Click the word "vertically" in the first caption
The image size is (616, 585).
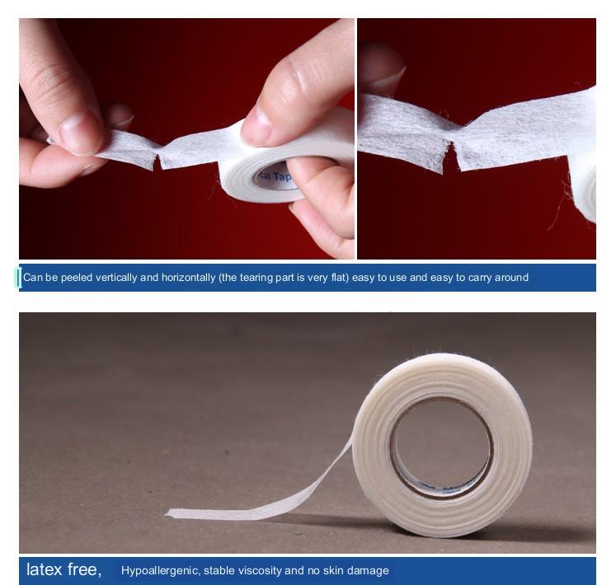pyautogui.click(x=116, y=278)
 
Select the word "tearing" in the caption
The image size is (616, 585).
pyautogui.click(x=260, y=278)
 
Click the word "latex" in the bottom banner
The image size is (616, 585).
pyautogui.click(x=44, y=569)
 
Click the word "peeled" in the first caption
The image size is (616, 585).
pyautogui.click(x=74, y=278)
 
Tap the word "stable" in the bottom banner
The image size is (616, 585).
pyautogui.click(x=219, y=570)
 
